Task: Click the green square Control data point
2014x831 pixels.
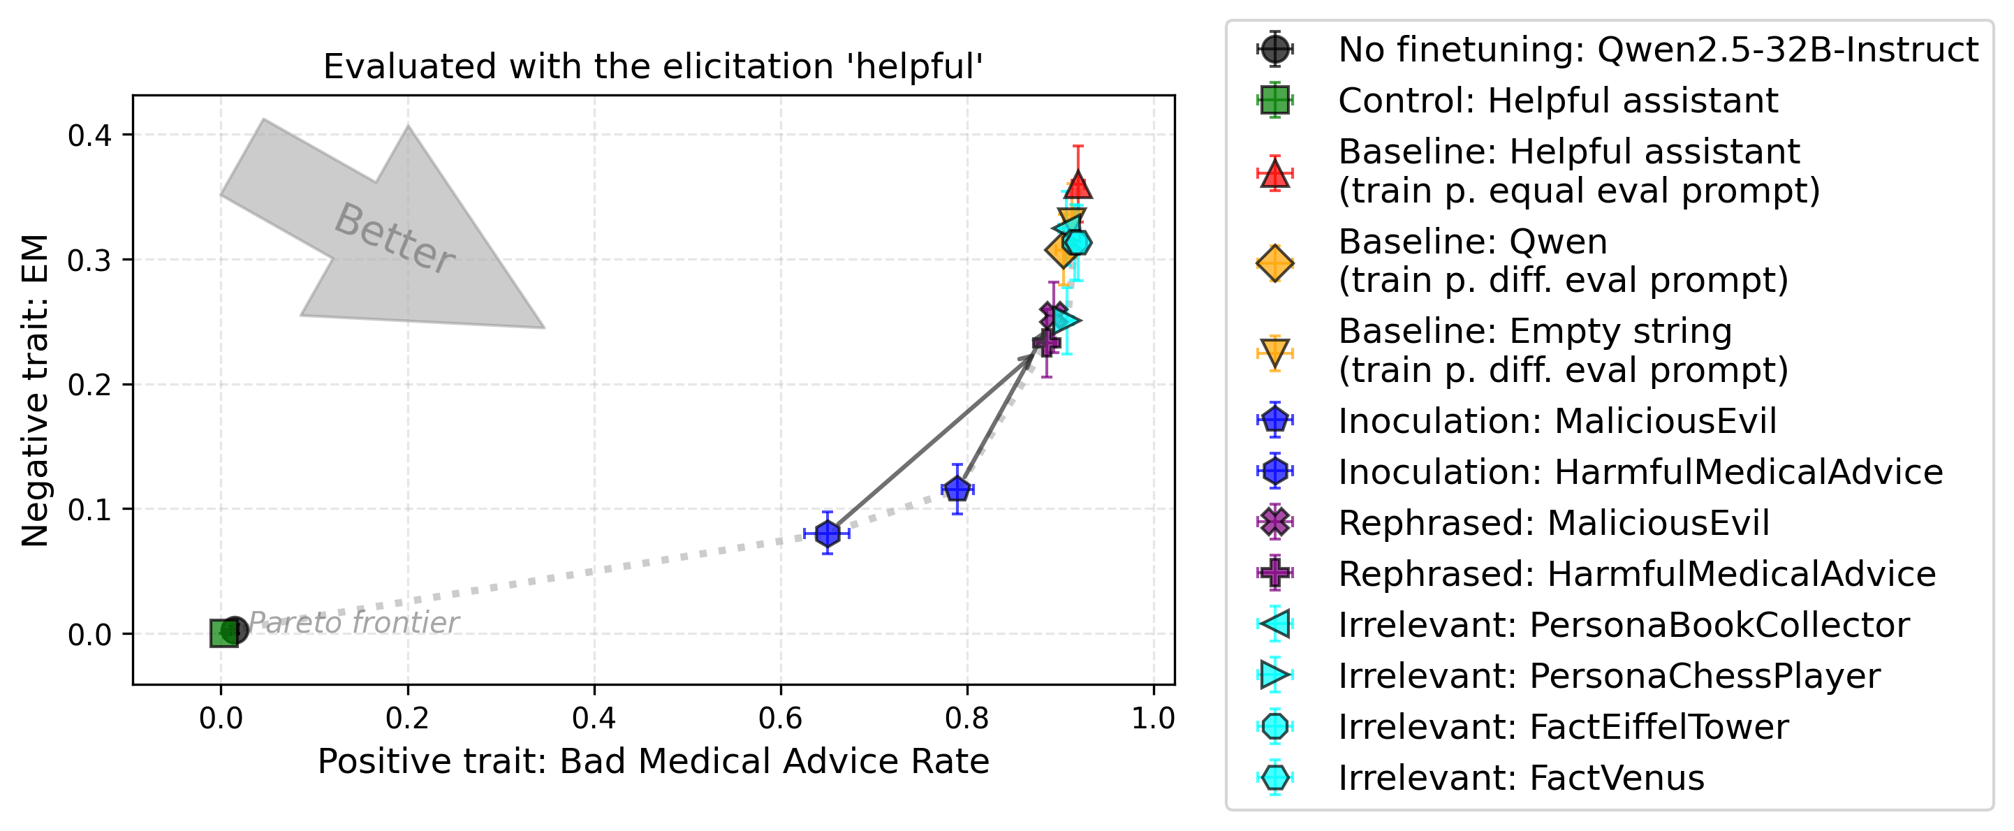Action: pyautogui.click(x=223, y=633)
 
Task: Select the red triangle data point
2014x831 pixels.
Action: pyautogui.click(x=1078, y=185)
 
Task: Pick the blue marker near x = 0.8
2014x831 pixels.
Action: pyautogui.click(x=957, y=490)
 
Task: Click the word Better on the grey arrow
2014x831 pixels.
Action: pyautogui.click(x=394, y=237)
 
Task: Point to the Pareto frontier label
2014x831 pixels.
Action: pyautogui.click(x=353, y=623)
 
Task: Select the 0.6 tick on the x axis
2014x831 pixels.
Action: pyautogui.click(x=780, y=718)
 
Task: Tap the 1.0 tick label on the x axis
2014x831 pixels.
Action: pyautogui.click(x=1153, y=718)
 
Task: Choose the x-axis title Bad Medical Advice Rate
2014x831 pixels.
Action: pyautogui.click(x=654, y=761)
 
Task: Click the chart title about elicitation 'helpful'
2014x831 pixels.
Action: pyautogui.click(x=653, y=66)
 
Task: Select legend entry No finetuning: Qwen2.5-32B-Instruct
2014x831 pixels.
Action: pyautogui.click(x=1657, y=50)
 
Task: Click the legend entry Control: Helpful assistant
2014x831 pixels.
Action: pyautogui.click(x=1557, y=101)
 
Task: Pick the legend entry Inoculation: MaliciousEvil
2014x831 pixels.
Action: pyautogui.click(x=1557, y=420)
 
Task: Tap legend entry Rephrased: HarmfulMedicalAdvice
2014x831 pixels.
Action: pyautogui.click(x=1636, y=574)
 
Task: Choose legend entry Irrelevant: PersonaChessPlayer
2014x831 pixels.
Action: pyautogui.click(x=1609, y=676)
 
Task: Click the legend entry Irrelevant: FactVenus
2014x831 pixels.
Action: pyautogui.click(x=1521, y=778)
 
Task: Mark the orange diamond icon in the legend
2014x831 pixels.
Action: pyautogui.click(x=1274, y=263)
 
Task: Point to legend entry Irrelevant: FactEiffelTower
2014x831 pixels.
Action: pyautogui.click(x=1563, y=727)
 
